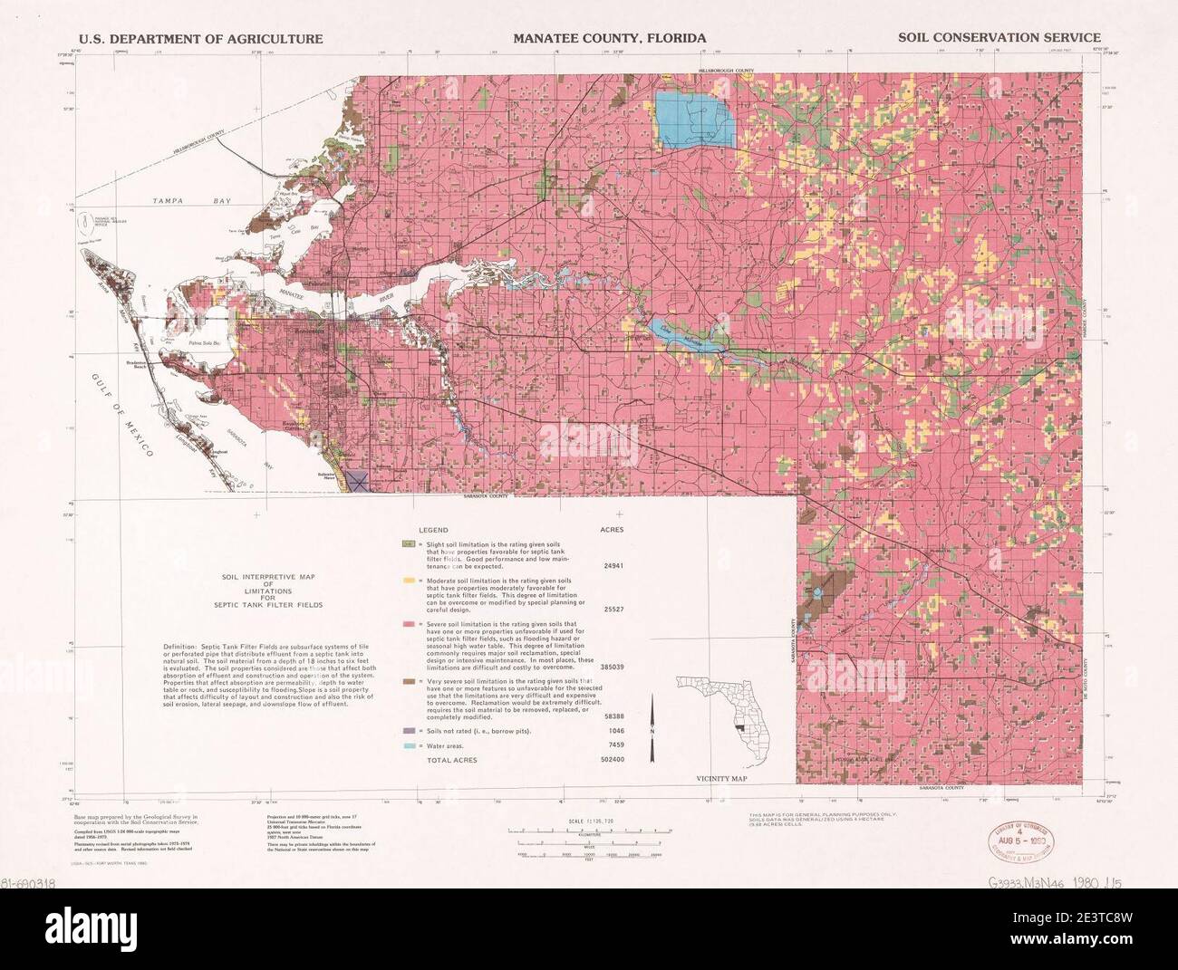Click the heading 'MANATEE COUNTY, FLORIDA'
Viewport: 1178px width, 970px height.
point(610,38)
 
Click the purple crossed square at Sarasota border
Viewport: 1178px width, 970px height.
point(357,481)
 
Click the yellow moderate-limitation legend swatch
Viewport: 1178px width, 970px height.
point(410,579)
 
